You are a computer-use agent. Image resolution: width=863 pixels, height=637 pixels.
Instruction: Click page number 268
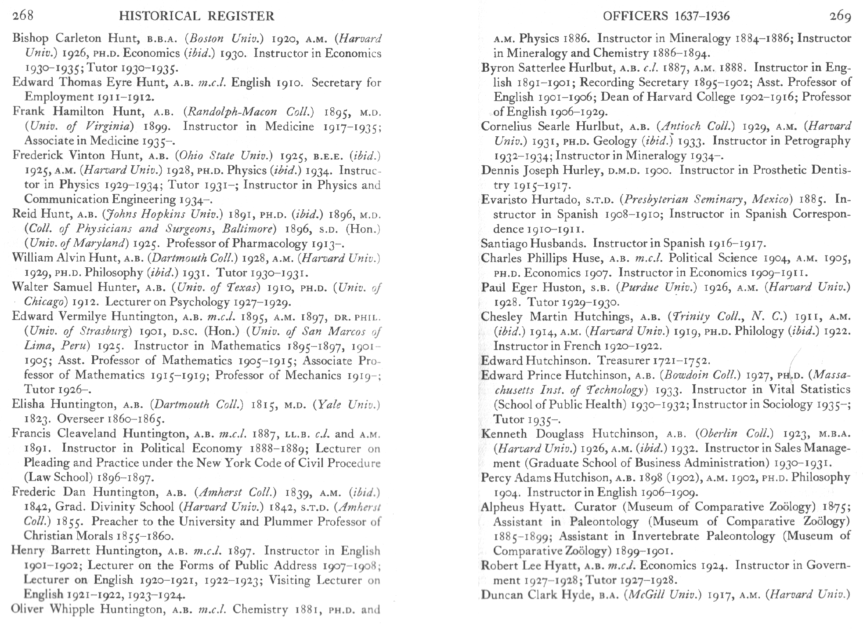coord(23,16)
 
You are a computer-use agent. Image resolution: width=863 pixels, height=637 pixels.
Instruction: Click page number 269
coord(840,16)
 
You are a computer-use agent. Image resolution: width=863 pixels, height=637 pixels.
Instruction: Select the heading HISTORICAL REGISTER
coord(197,16)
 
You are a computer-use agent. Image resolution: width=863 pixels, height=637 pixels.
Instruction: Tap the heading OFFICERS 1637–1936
coord(666,16)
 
